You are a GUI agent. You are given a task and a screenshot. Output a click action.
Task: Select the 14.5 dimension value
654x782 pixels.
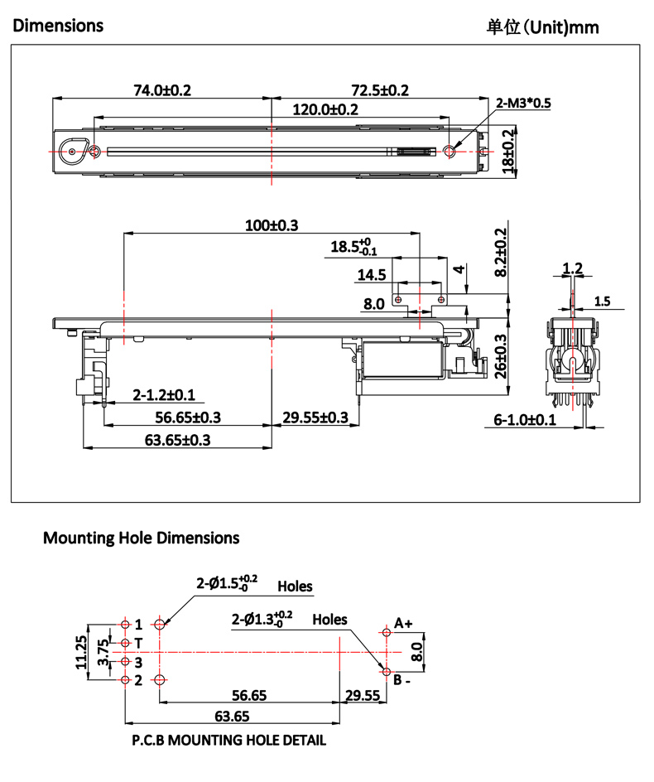coord(371,275)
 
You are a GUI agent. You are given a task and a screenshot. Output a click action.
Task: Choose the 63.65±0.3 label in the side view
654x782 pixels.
coord(177,440)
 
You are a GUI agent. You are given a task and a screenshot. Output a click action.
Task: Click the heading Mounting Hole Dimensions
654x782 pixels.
coord(141,538)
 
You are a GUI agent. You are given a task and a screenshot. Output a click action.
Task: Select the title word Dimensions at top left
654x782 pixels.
coord(58,26)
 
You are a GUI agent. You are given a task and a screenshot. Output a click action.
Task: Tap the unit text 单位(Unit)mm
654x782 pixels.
coord(542,27)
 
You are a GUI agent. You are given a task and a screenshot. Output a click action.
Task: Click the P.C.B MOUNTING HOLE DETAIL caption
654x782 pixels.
coord(228,740)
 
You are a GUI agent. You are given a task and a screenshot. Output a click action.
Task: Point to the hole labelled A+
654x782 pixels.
coord(387,632)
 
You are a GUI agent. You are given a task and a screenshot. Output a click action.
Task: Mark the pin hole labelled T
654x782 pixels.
coord(125,643)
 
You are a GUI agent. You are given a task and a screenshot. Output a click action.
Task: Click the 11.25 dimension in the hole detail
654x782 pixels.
coord(80,651)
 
